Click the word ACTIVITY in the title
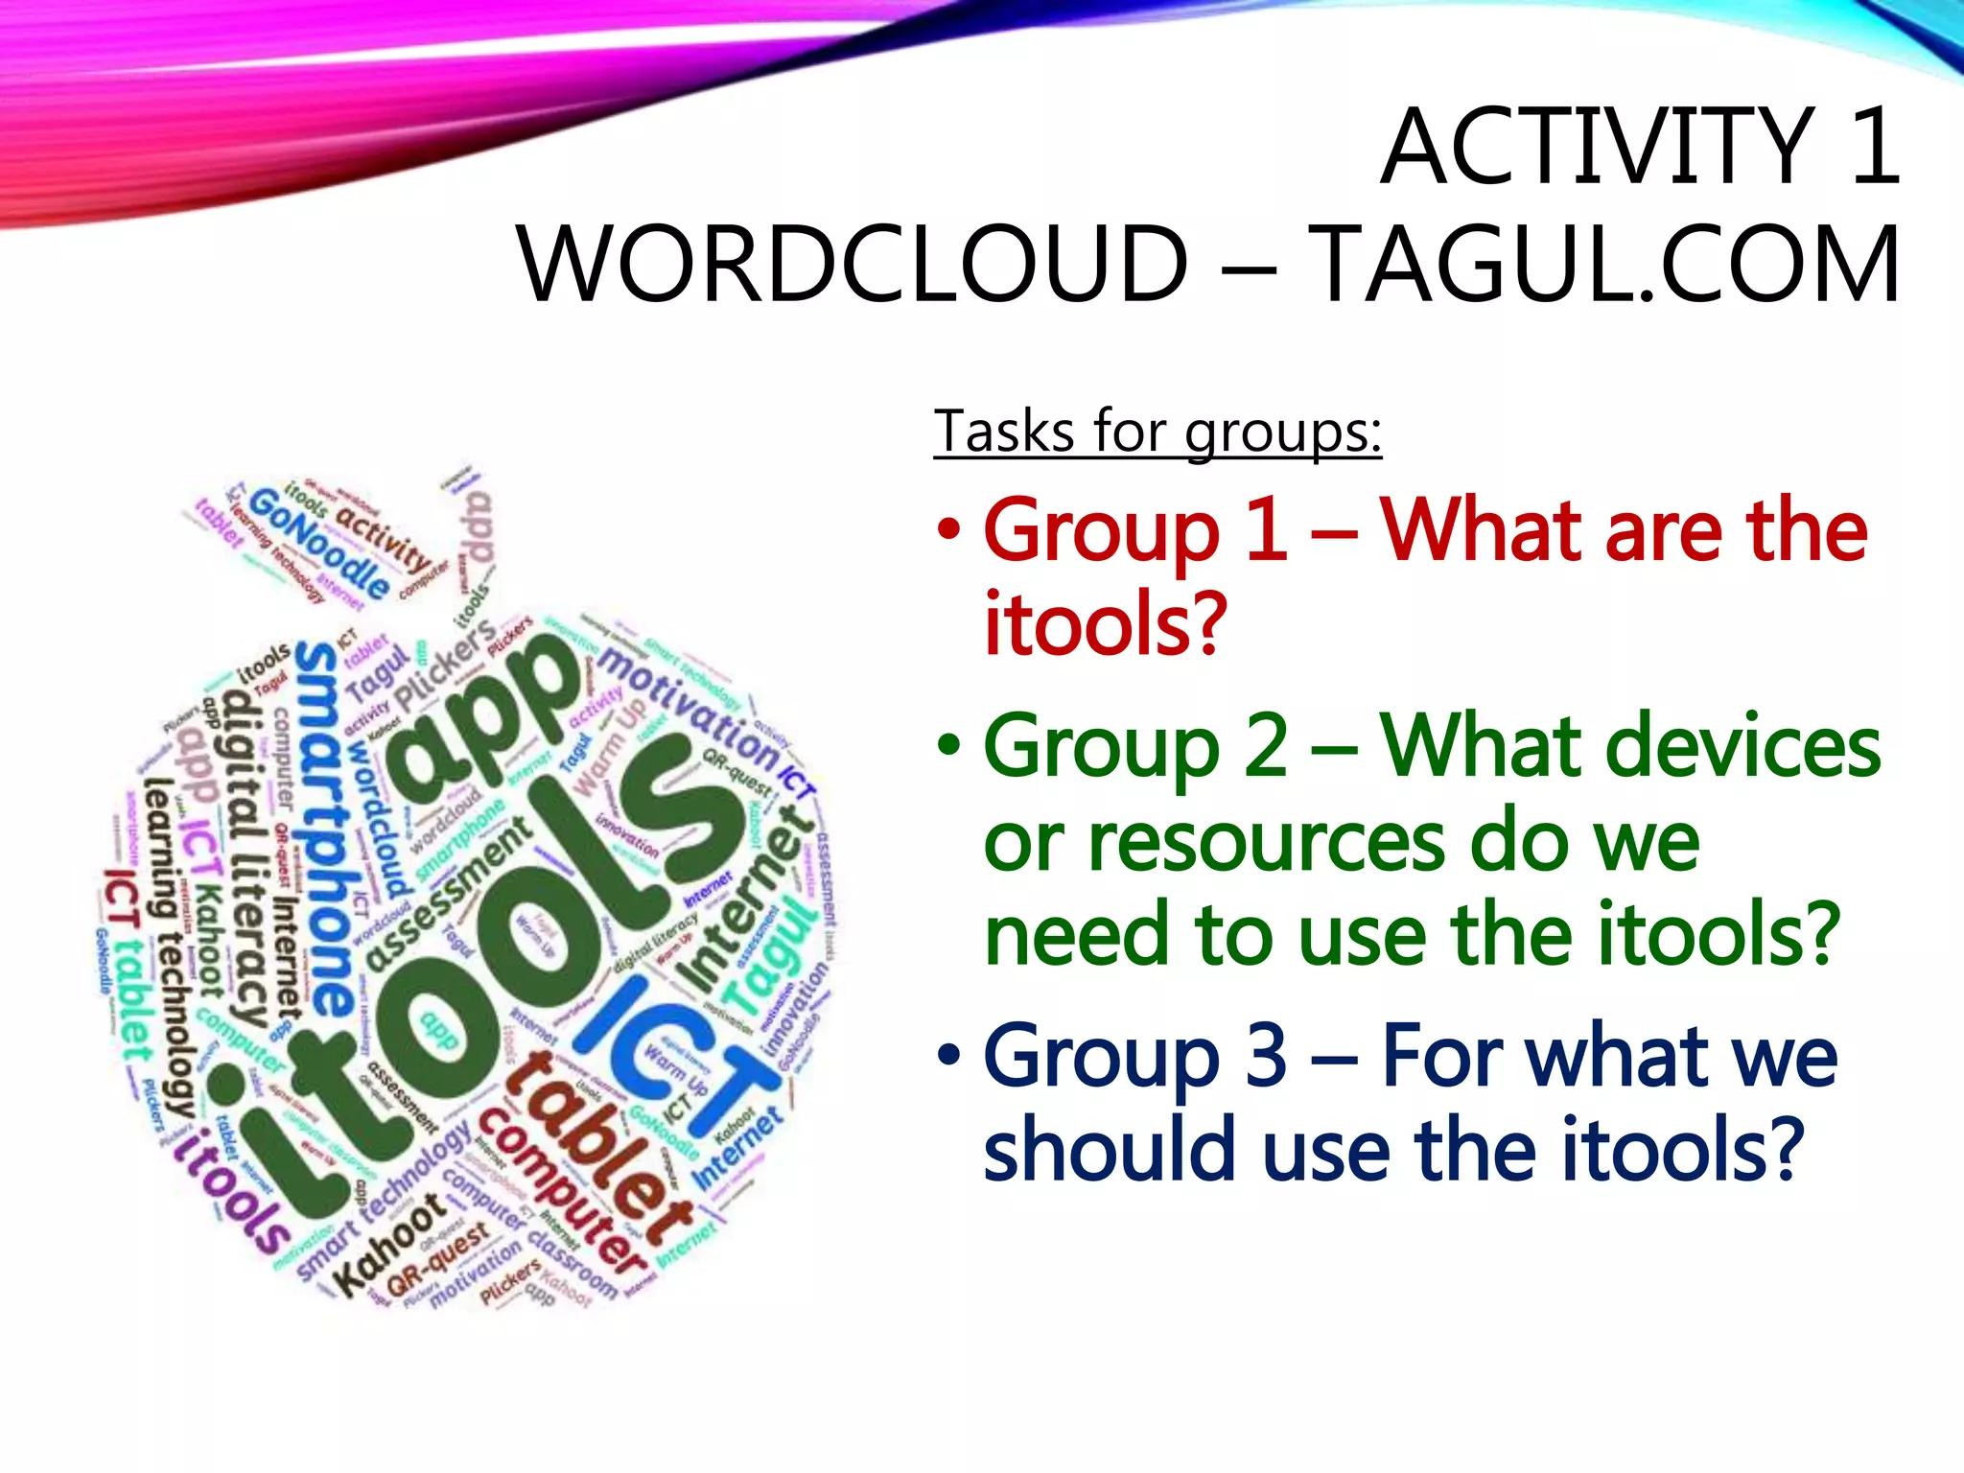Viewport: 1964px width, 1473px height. click(1598, 148)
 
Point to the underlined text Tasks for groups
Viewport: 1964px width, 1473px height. click(1157, 432)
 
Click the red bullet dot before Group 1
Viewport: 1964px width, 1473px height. click(948, 530)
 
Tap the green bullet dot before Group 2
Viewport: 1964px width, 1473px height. click(948, 747)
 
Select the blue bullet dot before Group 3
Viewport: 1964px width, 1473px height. click(948, 1056)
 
